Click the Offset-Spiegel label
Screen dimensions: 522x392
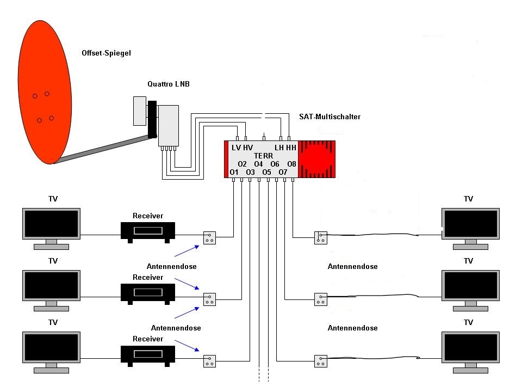(106, 53)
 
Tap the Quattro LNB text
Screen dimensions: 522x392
(169, 84)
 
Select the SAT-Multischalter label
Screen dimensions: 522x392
(330, 117)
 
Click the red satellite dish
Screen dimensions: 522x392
(45, 92)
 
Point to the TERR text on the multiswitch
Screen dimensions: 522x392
(263, 156)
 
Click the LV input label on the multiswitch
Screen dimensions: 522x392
(236, 148)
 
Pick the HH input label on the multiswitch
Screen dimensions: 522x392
(291, 148)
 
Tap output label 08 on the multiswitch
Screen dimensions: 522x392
(291, 164)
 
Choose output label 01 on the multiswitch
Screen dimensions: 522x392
(234, 173)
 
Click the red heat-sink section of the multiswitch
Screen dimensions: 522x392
(316, 160)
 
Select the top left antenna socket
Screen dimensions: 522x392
(209, 238)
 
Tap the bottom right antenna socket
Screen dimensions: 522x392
(321, 361)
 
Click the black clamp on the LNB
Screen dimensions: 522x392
(152, 119)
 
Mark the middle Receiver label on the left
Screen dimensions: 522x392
(148, 277)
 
